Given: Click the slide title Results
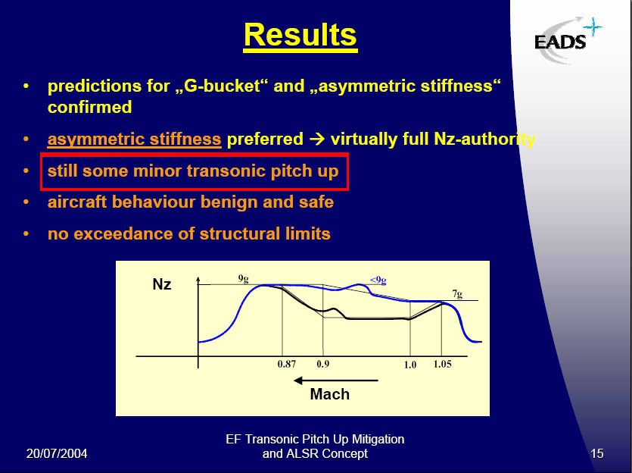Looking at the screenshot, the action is point(300,36).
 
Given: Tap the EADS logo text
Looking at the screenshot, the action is point(560,42).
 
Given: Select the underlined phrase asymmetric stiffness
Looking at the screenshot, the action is point(134,139).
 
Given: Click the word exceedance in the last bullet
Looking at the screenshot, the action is point(126,233).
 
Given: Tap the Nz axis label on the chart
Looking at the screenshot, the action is point(162,284).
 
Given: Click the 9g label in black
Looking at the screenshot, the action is point(244,279).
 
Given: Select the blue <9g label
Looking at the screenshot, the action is point(378,280).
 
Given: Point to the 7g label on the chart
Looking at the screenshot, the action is point(457,294).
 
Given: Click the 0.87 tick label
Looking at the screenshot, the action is point(287,364).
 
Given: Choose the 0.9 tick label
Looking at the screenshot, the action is point(323,364).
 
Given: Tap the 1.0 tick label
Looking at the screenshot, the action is point(410,365).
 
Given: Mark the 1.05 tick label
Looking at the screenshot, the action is point(442,364).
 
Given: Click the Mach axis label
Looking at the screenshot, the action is point(330,394).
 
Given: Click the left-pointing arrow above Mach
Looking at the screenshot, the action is point(336,381).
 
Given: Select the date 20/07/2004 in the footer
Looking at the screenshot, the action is point(57,453).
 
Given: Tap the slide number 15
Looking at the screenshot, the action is point(597,453).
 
